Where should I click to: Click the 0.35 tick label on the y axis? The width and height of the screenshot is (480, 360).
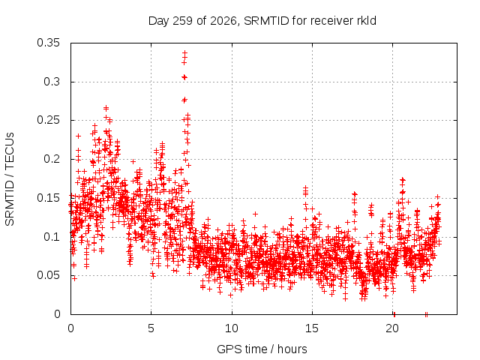tap(48, 43)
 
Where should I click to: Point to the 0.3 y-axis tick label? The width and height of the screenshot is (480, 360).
tap(52, 82)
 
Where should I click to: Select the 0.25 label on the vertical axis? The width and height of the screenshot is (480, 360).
tap(48, 120)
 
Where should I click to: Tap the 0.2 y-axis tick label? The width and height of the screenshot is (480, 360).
tap(52, 159)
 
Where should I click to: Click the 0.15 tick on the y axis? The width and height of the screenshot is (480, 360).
tap(48, 198)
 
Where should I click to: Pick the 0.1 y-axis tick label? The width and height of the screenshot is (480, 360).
tap(52, 237)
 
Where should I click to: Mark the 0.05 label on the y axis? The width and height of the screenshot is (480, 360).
tap(48, 275)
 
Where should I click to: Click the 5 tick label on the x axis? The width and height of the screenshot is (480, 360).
tap(151, 328)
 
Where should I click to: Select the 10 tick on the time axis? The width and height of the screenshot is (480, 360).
tap(232, 328)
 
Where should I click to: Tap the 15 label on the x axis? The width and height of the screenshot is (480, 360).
tap(312, 328)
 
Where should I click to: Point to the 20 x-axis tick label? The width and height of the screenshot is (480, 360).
tap(392, 328)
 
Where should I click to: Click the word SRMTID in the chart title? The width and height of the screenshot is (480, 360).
tap(266, 21)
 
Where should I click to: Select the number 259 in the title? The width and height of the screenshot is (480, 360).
tap(182, 21)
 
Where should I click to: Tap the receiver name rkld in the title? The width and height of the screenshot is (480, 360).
tap(367, 21)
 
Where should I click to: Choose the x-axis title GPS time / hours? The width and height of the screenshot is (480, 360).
tap(262, 349)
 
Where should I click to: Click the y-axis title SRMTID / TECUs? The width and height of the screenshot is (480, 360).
tap(10, 179)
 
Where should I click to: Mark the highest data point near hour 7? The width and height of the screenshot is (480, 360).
tap(184, 53)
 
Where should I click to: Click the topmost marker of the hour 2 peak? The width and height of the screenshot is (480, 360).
tap(106, 108)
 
